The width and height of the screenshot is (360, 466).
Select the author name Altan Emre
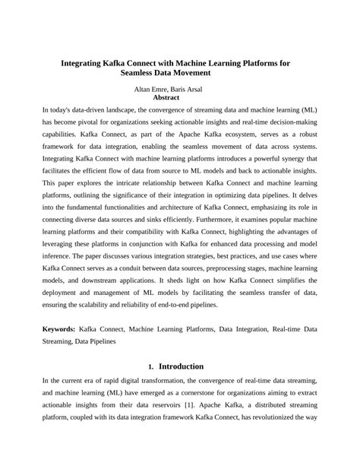[x=151, y=90]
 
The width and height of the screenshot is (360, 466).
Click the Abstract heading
[x=166, y=97]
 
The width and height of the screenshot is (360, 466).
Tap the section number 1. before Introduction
[x=151, y=366]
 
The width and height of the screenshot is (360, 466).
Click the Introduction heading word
[x=181, y=366]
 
